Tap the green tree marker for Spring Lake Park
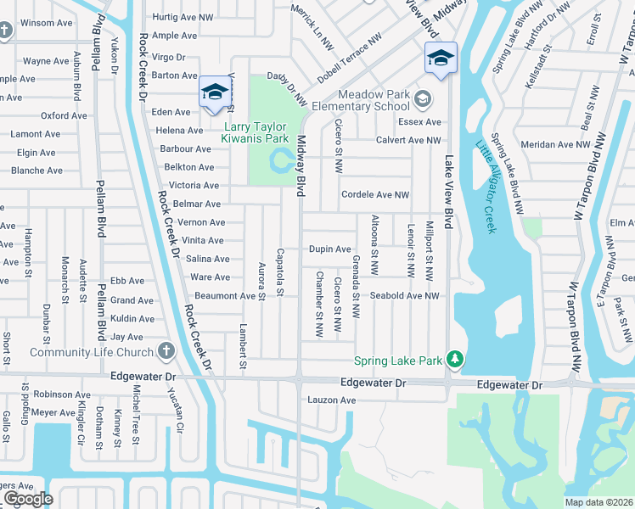[456, 361]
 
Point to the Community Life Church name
[91, 352]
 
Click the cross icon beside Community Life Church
[166, 350]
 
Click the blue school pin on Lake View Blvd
[441, 59]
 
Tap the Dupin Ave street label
[329, 249]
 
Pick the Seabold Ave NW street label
[404, 296]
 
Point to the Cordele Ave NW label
[374, 195]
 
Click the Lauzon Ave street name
[331, 400]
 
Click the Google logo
[28, 499]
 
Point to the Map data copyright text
[599, 502]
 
